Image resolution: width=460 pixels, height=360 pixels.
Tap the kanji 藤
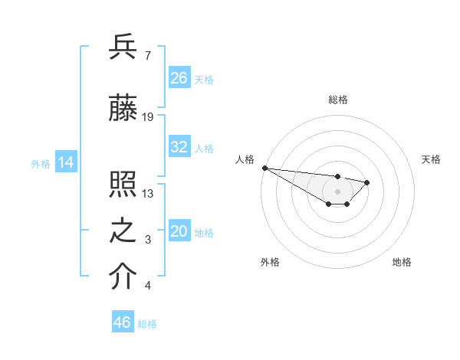click(x=123, y=110)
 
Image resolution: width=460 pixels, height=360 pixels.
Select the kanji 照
click(x=123, y=185)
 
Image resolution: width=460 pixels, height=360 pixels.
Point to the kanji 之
click(x=123, y=232)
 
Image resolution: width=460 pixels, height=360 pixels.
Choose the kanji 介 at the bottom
click(x=123, y=277)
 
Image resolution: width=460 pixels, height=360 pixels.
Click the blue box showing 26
click(x=179, y=78)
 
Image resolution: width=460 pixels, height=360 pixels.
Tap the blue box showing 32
click(x=179, y=147)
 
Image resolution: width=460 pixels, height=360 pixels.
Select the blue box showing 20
click(x=179, y=231)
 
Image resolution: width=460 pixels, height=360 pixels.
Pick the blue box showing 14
click(x=65, y=162)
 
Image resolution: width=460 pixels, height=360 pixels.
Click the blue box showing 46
click(x=123, y=322)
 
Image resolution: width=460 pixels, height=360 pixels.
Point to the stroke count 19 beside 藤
click(x=148, y=116)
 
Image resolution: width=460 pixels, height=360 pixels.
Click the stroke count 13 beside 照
click(x=148, y=193)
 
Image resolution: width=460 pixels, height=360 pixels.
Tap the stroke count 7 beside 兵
click(x=148, y=55)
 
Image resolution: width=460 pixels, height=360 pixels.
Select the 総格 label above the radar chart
click(x=338, y=100)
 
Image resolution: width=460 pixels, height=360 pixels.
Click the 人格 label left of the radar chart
click(x=245, y=159)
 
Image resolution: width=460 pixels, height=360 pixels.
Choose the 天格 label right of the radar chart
click(x=431, y=159)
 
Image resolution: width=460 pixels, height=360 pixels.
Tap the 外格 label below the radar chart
click(x=270, y=262)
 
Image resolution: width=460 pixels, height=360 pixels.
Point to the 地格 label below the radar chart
click(x=402, y=262)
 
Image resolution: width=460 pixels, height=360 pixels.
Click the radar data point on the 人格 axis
click(x=264, y=168)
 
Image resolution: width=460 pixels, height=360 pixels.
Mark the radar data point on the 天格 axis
click(x=367, y=182)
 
